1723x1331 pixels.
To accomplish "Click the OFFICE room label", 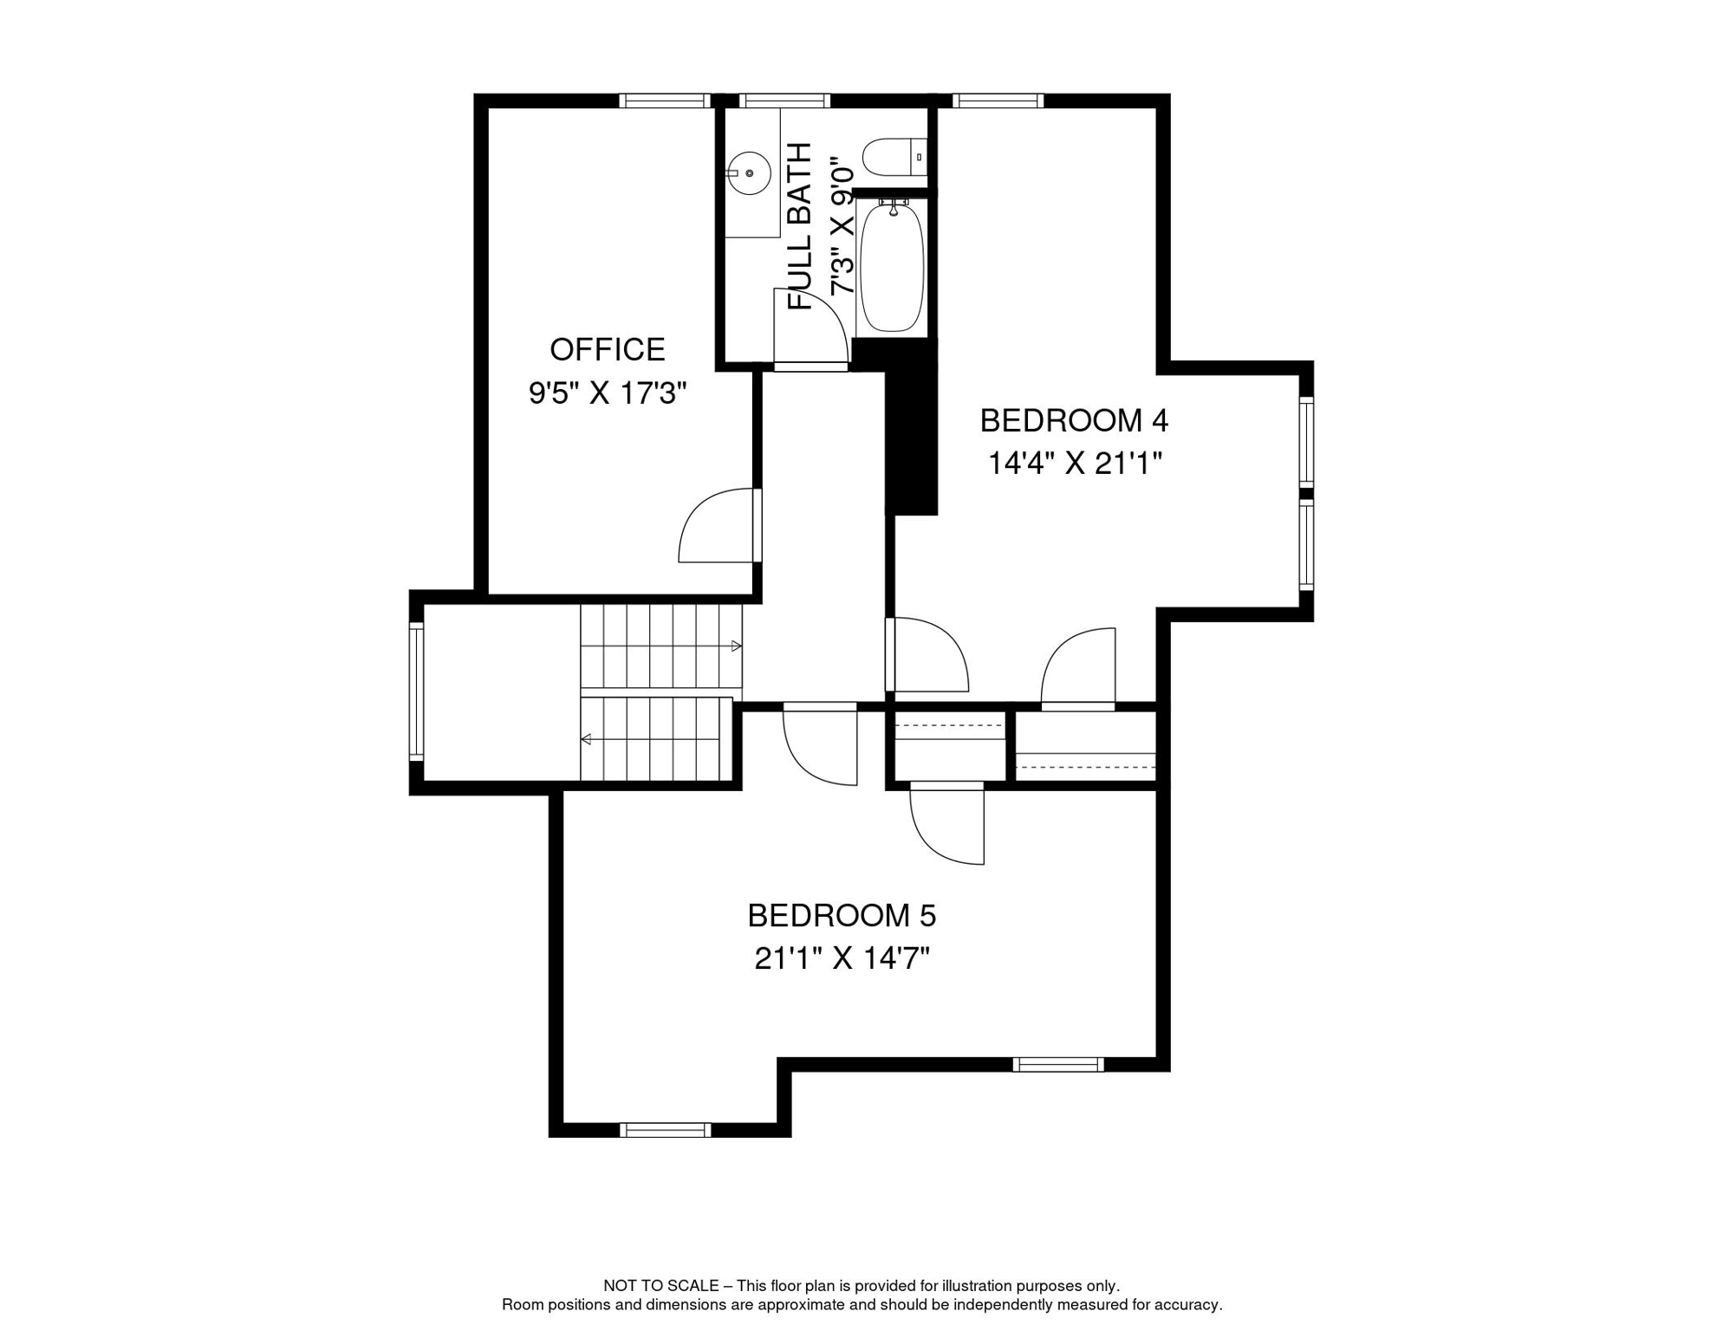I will (607, 350).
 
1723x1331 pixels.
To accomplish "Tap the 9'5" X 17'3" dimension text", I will (607, 394).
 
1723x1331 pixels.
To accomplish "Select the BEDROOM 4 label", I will (1074, 421).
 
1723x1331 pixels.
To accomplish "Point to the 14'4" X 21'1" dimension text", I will (1074, 464).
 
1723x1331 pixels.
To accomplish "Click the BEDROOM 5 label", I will (842, 916).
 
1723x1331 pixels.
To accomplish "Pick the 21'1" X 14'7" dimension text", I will (842, 959).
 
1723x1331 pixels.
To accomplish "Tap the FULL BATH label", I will (800, 226).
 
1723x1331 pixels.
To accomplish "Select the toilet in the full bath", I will (893, 158).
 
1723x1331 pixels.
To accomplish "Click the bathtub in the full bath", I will (892, 266).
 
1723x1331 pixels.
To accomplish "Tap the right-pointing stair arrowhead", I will (737, 646).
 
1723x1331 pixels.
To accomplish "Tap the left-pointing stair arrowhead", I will (587, 739).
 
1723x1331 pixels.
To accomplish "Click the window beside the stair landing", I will (416, 691).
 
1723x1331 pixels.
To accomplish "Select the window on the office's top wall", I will (665, 101).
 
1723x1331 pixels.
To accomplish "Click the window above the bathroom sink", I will (784, 101).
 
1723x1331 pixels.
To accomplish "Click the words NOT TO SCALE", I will (660, 1286).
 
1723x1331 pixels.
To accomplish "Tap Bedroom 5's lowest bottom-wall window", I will (665, 1130).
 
